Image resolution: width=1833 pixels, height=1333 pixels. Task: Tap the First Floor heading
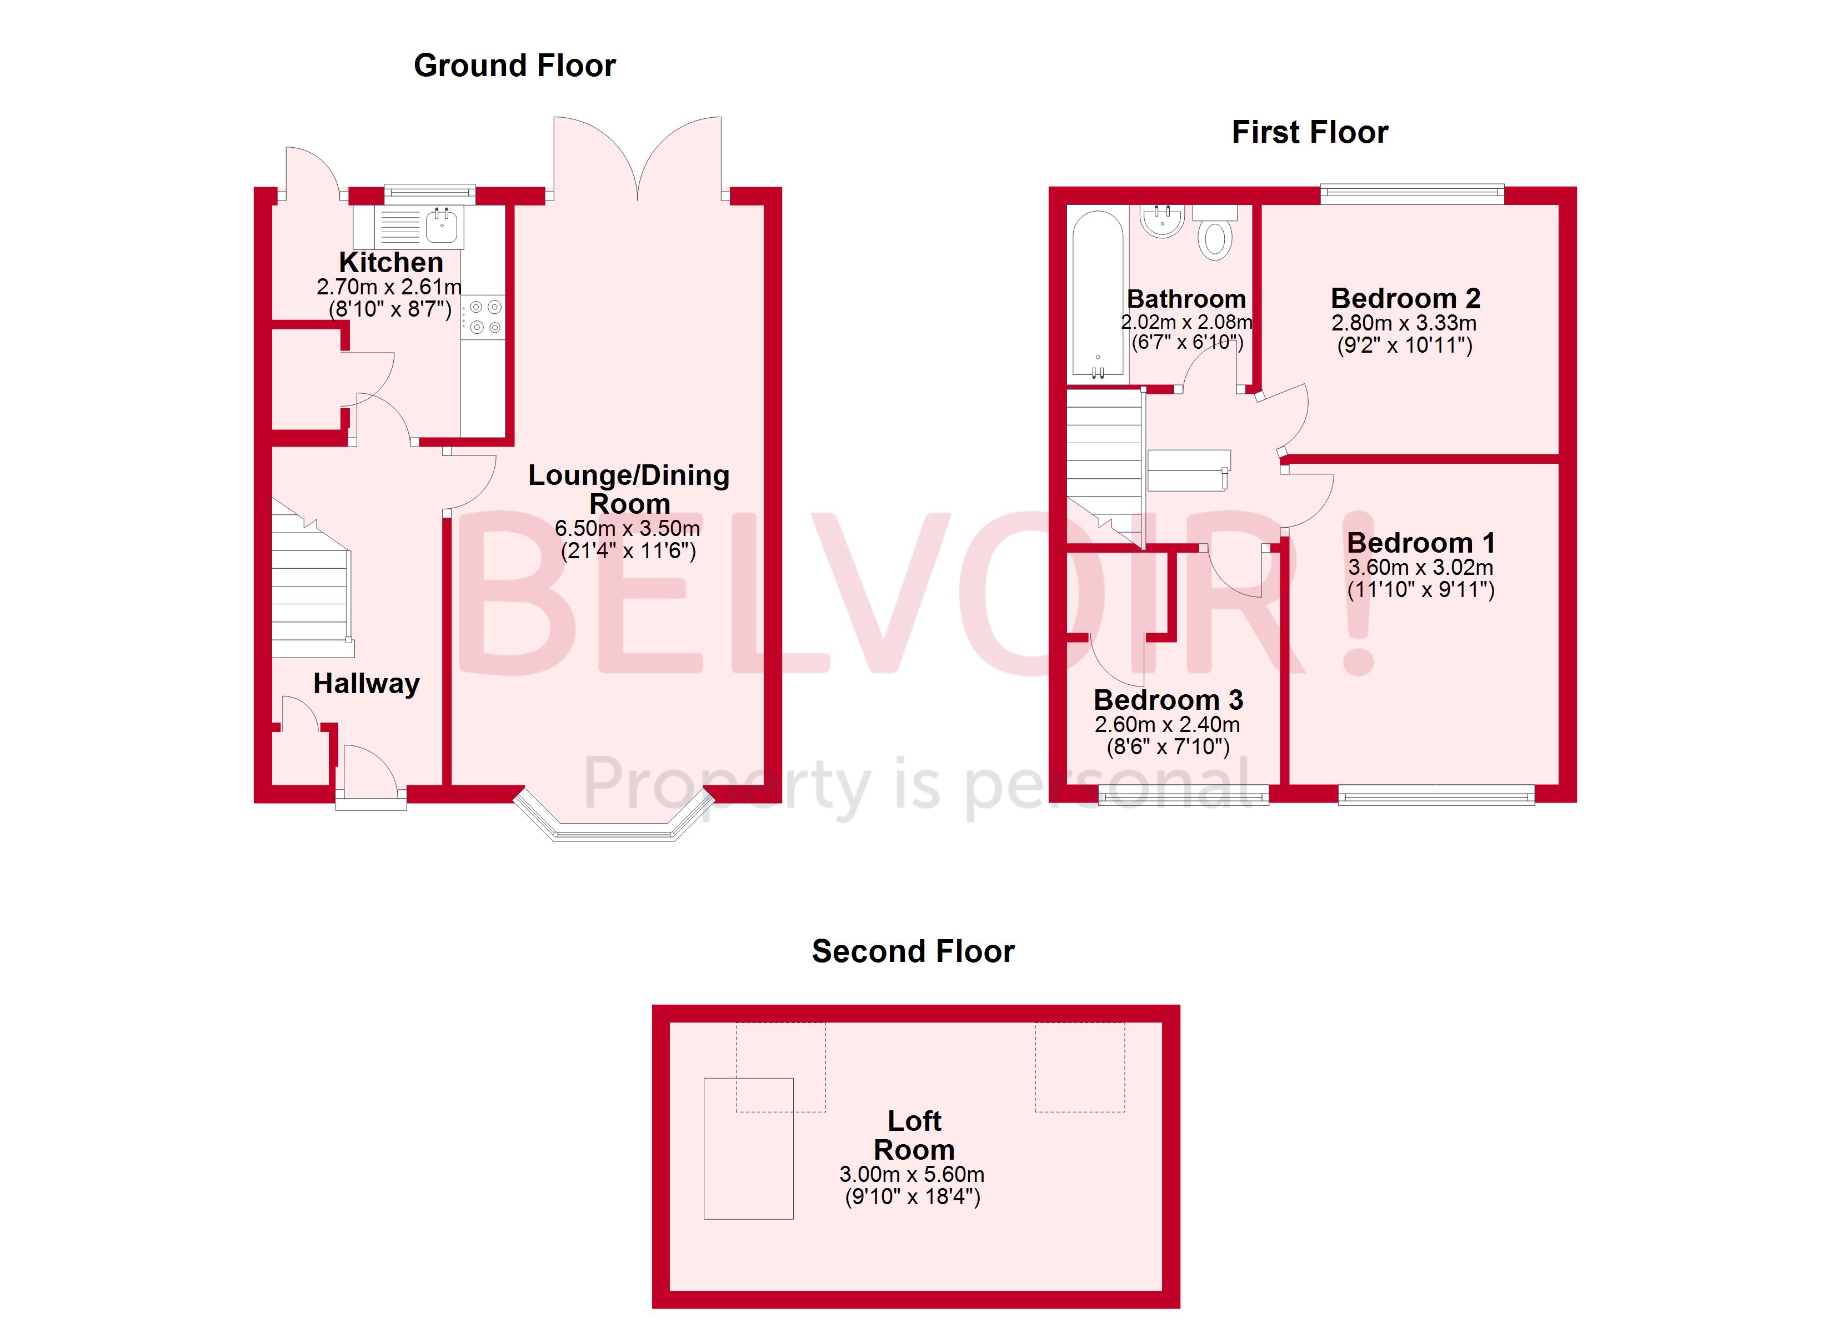coord(1309,132)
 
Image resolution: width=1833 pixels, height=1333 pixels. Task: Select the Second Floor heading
coord(913,951)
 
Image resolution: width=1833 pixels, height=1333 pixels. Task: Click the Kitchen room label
coord(390,262)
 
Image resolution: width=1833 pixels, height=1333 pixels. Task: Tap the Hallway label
coord(366,684)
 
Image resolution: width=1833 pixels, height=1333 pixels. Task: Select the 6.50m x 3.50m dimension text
coord(627,529)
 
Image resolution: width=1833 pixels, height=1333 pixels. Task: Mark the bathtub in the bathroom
coord(1098,295)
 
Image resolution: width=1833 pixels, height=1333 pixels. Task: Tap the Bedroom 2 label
coord(1405,298)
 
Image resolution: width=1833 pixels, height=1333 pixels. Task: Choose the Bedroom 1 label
coord(1421,543)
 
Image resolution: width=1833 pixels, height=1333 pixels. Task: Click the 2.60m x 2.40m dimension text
coord(1167,725)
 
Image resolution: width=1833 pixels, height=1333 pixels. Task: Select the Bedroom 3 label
coord(1168,700)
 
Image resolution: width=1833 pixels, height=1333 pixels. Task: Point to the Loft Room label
coord(914,1135)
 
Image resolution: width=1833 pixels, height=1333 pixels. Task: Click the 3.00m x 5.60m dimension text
coord(912,1175)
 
